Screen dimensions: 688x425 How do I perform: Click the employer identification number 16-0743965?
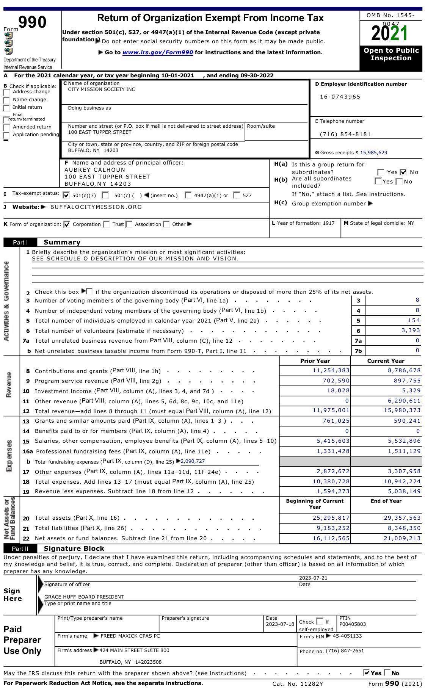(x=340, y=97)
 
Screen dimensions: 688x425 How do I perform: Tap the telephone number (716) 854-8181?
(x=345, y=134)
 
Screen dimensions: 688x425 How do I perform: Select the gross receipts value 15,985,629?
(x=373, y=153)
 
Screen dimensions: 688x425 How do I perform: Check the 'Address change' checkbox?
(x=6, y=92)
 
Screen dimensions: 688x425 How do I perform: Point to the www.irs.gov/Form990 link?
(x=158, y=53)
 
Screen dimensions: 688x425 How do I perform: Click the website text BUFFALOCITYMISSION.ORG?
(x=96, y=207)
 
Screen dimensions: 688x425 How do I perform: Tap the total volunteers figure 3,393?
(x=411, y=330)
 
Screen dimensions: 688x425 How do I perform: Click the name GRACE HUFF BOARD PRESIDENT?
(x=84, y=597)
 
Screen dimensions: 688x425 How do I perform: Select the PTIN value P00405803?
(x=353, y=624)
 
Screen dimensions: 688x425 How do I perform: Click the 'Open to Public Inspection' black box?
(x=391, y=55)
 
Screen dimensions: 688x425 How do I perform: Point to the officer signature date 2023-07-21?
(x=313, y=578)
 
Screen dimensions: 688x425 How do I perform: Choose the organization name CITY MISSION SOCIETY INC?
(x=101, y=89)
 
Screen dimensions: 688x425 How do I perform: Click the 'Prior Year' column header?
(x=315, y=361)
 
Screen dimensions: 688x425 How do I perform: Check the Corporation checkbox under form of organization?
(x=67, y=224)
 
